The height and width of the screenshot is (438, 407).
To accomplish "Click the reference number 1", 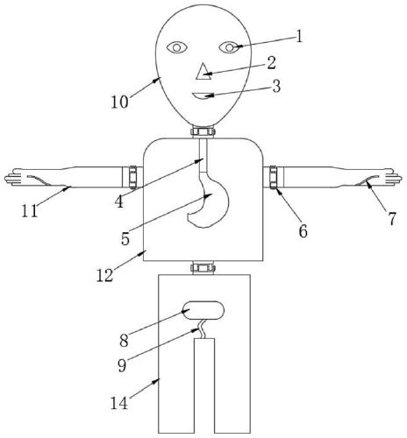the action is coord(298,37).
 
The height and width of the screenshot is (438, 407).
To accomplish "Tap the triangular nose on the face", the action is coord(203,72).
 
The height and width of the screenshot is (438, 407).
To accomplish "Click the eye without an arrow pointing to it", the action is coord(177,47).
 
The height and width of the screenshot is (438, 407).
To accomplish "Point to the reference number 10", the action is coord(119,102).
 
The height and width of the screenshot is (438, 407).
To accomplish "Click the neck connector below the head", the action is coord(203,131).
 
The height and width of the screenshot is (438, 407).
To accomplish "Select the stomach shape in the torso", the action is coord(207,200).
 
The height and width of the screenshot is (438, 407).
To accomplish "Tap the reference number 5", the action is coord(125,238).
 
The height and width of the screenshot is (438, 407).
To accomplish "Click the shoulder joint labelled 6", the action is coord(273,177).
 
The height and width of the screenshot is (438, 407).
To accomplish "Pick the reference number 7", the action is coord(392,219).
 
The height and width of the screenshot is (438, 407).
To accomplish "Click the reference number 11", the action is coord(30,211).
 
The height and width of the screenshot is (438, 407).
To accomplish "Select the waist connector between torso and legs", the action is coord(203,268).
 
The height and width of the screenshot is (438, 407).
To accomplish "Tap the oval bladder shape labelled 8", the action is coord(203,310).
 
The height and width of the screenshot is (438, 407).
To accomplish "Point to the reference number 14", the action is coord(119,403).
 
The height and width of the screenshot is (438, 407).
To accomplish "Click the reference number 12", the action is coord(104,275).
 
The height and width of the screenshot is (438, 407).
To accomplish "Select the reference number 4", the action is coord(119,201).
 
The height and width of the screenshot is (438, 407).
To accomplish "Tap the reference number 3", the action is coord(276,87).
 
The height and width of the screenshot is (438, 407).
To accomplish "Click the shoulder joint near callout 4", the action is coord(133,177).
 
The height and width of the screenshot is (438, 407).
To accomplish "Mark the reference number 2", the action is coord(271,63).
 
